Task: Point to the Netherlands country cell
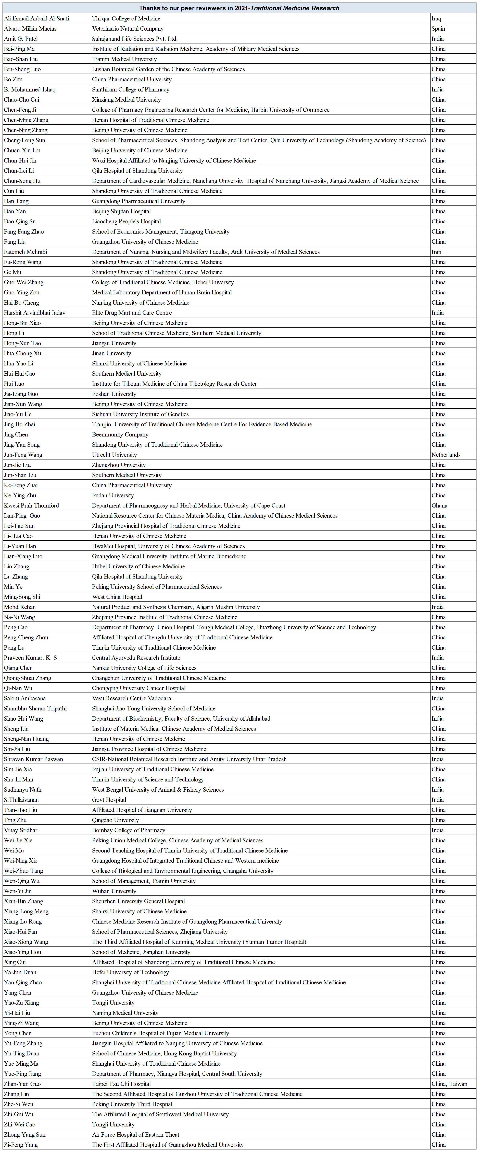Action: point(446,455)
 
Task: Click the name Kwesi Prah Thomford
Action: point(31,505)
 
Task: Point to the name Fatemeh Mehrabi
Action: point(26,252)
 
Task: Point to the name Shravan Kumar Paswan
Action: point(33,759)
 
